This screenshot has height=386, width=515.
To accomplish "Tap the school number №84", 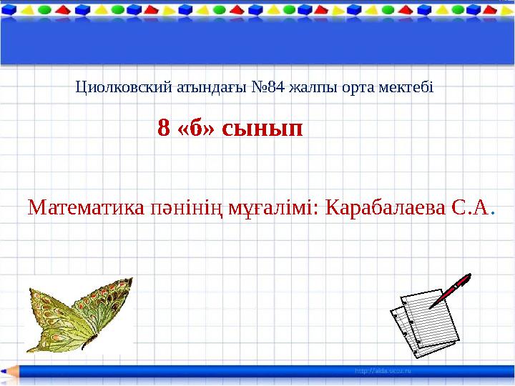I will click(269, 88).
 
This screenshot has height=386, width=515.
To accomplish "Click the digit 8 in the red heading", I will click(163, 129).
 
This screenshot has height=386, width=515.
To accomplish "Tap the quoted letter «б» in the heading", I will click(195, 129).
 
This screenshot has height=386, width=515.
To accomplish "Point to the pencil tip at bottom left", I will click(7, 372).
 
